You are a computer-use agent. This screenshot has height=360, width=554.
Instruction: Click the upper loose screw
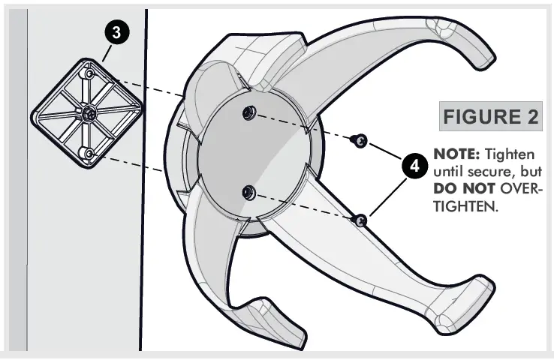(361, 139)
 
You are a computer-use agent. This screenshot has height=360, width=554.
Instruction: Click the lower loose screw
(361, 218)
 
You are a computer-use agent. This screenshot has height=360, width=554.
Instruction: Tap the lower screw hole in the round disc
(247, 193)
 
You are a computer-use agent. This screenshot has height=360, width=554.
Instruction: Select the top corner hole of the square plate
(89, 75)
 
